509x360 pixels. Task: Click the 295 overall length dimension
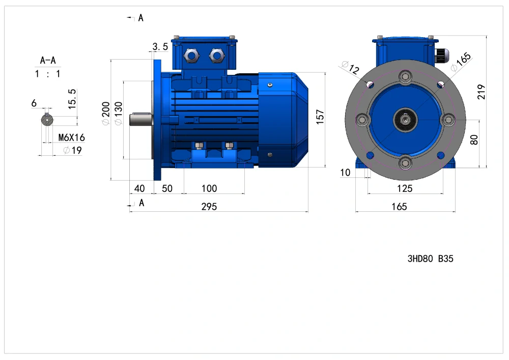(x=209, y=206)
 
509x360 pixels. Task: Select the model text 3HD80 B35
(x=430, y=259)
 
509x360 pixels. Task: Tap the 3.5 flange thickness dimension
(x=160, y=47)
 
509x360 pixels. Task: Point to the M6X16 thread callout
(x=71, y=137)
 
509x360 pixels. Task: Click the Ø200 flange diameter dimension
(x=106, y=113)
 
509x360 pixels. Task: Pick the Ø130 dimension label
(x=118, y=113)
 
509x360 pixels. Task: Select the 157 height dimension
(x=320, y=117)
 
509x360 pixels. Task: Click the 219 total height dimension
(x=481, y=92)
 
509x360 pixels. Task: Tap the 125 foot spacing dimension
(x=405, y=188)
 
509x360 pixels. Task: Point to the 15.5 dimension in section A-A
(x=72, y=99)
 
